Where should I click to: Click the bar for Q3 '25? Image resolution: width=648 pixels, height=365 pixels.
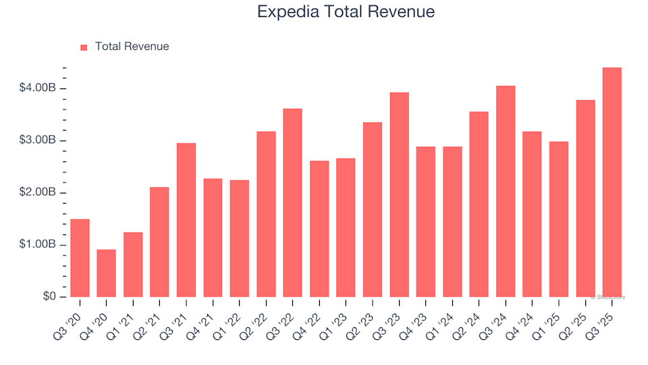coord(612,182)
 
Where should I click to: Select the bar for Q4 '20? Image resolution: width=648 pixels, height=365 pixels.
coord(106,273)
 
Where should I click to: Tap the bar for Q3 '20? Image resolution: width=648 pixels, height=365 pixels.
coord(80,258)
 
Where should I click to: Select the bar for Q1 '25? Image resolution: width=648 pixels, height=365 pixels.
coord(559,219)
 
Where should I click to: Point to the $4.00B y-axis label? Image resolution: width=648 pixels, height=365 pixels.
coord(38,89)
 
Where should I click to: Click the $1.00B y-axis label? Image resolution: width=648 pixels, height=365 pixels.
coord(38,245)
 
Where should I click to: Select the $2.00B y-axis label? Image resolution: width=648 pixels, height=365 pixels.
coord(38,193)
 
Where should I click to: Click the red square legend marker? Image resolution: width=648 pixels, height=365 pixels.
coord(84,47)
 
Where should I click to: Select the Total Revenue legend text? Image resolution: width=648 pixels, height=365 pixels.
coord(132,47)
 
